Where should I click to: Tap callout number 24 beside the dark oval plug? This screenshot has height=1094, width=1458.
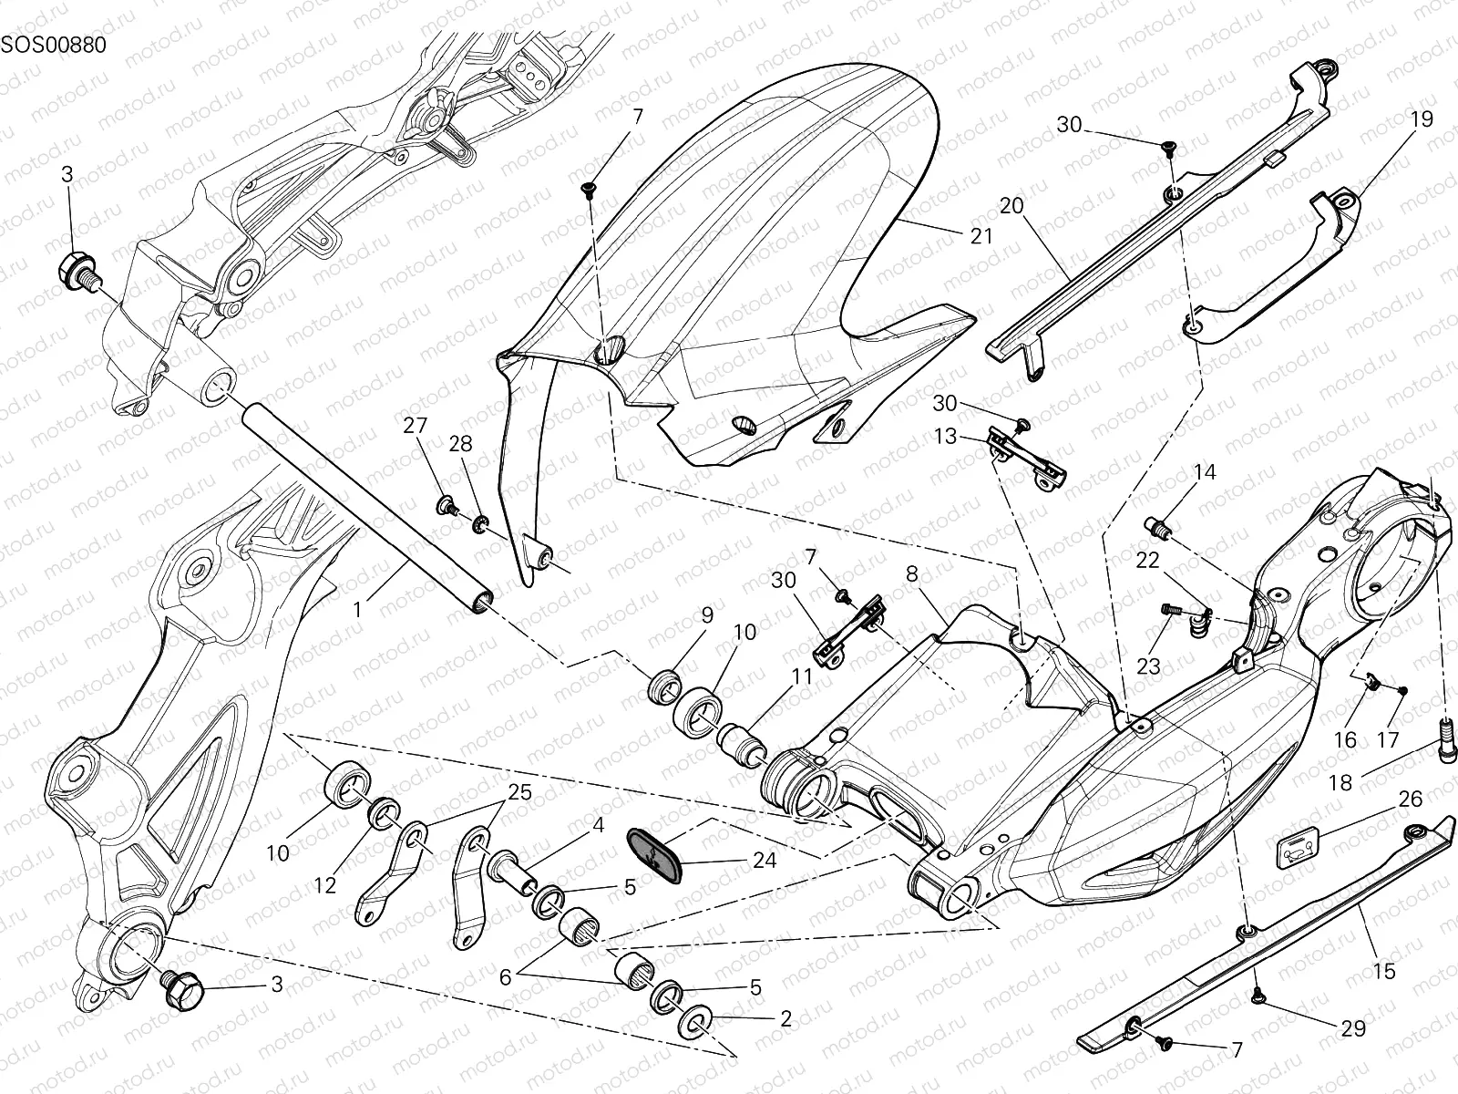[765, 860]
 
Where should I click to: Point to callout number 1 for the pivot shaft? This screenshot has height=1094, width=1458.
[358, 609]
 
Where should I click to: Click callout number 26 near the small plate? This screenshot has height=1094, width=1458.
[1410, 800]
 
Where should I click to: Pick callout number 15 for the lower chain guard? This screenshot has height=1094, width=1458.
[1383, 972]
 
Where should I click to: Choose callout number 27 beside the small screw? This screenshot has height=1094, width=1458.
[415, 426]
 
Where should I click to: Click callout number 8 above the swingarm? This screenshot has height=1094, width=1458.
[910, 573]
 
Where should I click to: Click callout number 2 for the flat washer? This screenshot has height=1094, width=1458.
[786, 1018]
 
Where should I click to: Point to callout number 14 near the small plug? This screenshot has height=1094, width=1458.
[1205, 472]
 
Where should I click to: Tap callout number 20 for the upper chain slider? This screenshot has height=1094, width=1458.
[1011, 206]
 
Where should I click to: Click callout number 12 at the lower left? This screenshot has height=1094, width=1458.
[325, 884]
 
